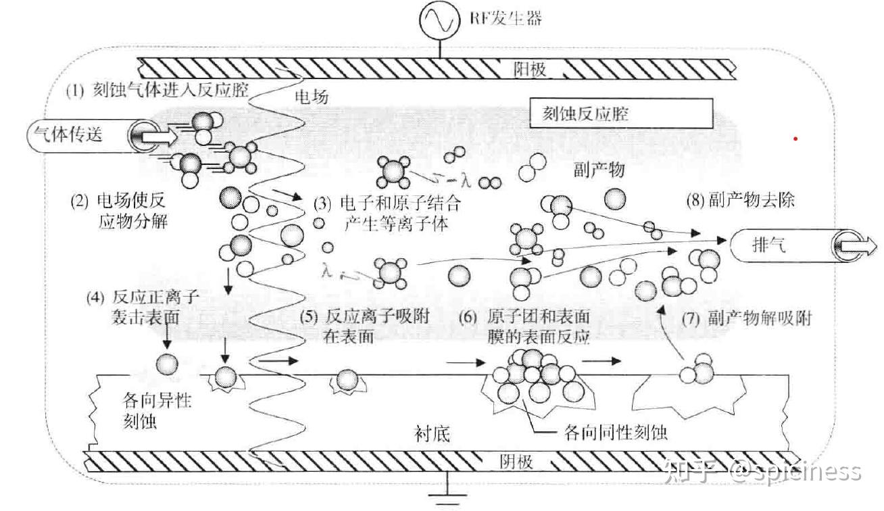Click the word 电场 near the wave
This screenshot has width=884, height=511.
point(312,97)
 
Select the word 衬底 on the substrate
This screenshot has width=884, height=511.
point(433,433)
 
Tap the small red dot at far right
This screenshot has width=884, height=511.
point(796,139)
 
